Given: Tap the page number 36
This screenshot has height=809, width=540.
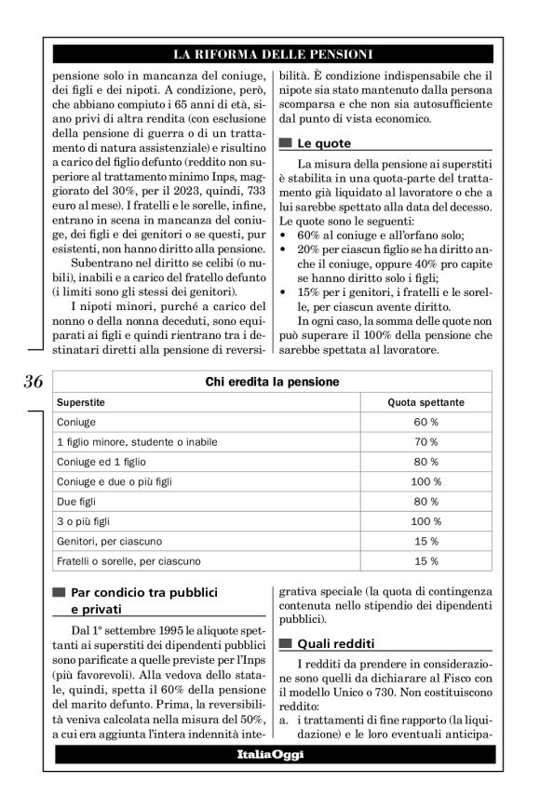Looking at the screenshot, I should tap(33, 381).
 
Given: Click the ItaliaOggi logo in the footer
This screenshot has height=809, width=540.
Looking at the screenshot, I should tap(269, 754).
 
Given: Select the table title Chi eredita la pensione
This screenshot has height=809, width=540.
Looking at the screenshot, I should tap(271, 382).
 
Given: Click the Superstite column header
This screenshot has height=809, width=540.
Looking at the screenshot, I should tap(81, 402).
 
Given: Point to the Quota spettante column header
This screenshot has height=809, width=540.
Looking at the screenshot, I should tap(425, 402).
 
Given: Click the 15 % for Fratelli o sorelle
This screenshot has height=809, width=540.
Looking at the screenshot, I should tap(425, 560).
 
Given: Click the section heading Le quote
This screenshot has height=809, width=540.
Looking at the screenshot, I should tap(323, 144).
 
